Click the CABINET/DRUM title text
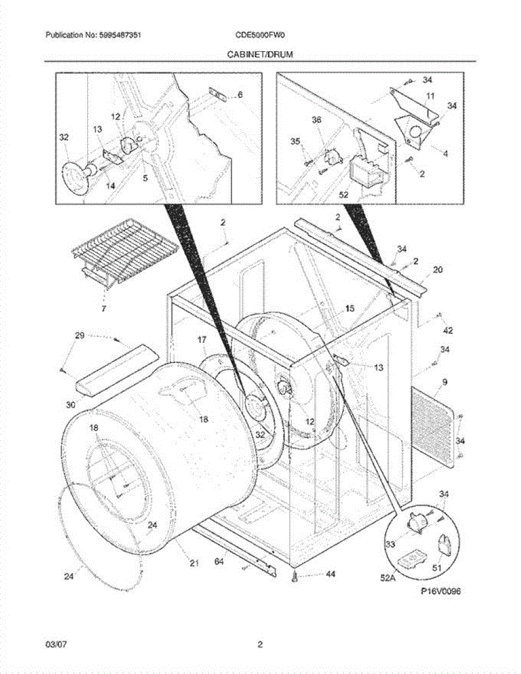point(260,54)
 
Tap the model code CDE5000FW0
point(260,35)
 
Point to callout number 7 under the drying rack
point(102,308)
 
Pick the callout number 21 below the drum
point(194,563)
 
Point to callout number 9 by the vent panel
point(445,382)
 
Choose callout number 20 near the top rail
point(438,270)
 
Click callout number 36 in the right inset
point(316,120)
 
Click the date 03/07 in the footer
point(53,645)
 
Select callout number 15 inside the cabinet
point(350,308)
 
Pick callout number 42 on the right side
point(448,330)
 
